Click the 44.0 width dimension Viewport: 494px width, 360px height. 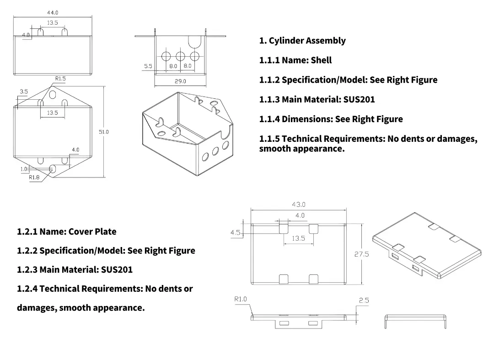[53, 13]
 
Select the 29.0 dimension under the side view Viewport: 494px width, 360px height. [180, 81]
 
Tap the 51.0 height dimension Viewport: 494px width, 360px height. [104, 132]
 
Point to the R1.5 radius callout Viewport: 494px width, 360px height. [60, 79]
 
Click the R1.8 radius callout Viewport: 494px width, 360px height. [34, 177]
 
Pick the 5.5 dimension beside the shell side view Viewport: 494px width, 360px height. [148, 66]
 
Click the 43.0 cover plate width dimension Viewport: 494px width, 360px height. [299, 204]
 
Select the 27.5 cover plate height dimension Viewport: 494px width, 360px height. [361, 254]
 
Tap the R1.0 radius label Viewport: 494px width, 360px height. [241, 299]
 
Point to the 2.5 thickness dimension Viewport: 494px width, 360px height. [364, 301]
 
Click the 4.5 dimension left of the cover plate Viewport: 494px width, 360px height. [235, 233]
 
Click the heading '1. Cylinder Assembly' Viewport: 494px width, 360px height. [302, 41]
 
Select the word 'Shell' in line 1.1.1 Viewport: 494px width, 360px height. [321, 60]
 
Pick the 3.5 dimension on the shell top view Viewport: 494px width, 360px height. [24, 92]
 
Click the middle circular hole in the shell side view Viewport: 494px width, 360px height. [180, 56]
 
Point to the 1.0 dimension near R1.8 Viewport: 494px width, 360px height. [24, 169]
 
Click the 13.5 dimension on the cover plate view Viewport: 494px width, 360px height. [298, 238]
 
